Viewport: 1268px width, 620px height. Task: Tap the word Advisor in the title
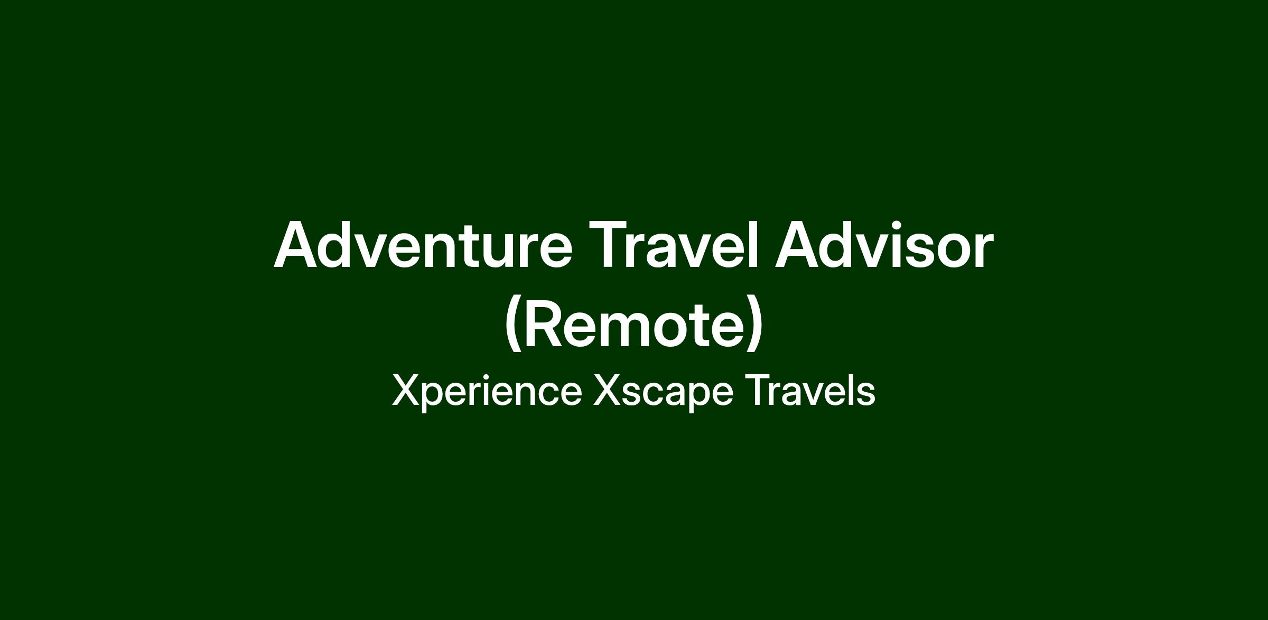pos(884,244)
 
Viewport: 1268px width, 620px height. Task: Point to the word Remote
pos(633,325)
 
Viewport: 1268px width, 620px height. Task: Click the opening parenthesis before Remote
pos(512,325)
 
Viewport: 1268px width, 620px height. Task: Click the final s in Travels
pos(865,395)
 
